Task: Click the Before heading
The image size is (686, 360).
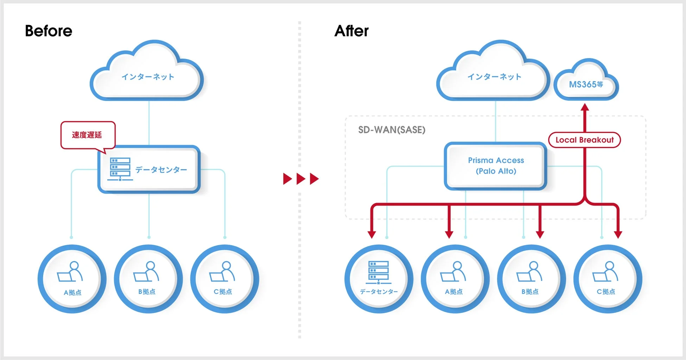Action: [49, 31]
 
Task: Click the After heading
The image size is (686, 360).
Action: [351, 31]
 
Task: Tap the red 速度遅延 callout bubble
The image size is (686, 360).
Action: [88, 135]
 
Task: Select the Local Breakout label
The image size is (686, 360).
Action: [584, 140]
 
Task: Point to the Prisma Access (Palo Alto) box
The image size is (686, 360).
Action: [496, 166]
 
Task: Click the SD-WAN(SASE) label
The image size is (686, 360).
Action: [392, 130]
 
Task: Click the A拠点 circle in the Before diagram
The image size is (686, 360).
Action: [72, 279]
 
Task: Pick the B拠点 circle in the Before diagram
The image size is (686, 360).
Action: [148, 279]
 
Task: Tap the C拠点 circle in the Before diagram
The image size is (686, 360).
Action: [224, 279]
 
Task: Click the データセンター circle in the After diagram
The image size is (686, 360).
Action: [379, 279]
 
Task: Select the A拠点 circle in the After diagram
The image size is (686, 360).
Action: [455, 279]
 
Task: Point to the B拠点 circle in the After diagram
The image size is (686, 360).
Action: [531, 279]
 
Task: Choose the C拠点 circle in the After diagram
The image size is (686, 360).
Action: [608, 279]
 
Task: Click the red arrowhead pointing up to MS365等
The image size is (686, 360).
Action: [585, 107]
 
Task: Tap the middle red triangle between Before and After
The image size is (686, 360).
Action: [301, 179]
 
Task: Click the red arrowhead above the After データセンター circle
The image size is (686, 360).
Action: [372, 234]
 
